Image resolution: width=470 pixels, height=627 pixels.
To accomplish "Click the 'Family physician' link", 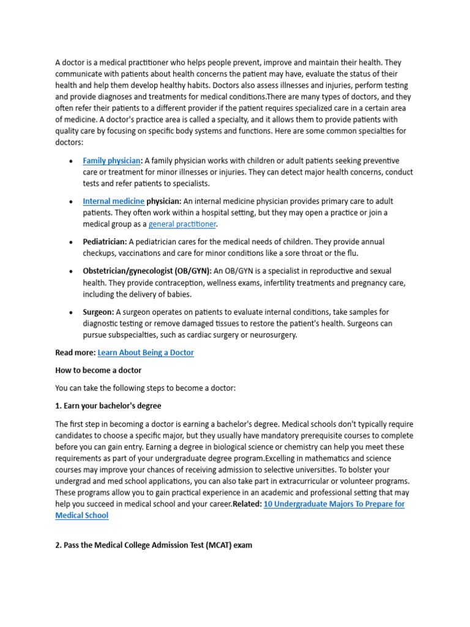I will coord(111,161).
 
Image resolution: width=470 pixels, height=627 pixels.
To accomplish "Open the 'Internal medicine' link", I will coord(114,201).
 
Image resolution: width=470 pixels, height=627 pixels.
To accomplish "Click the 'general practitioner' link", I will coord(182,224).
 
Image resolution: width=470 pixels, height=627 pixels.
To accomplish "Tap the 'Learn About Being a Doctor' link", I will coord(146,353).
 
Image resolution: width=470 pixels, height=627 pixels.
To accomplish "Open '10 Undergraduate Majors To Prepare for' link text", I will coord(334,504).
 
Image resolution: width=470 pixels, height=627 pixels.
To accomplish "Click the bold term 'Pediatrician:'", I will coord(105,242).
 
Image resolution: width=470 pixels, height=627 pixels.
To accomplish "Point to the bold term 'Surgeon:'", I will coord(99,312).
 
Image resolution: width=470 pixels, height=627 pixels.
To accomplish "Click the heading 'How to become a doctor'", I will coord(99,370).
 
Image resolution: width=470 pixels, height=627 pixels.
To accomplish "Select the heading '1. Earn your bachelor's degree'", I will coord(108,406).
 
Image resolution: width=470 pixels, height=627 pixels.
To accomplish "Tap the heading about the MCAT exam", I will coord(154,544).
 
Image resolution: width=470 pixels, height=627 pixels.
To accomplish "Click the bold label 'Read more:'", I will coord(75,353).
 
